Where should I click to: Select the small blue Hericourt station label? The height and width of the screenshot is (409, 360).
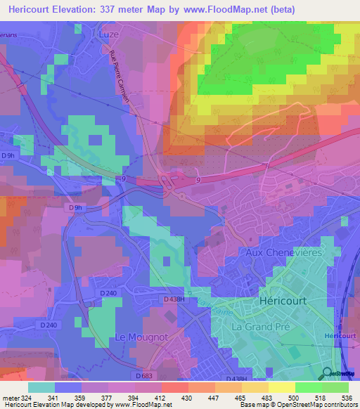pyautogui.click(x=343, y=338)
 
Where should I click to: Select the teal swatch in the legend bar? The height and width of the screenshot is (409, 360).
pyautogui.click(x=41, y=387)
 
